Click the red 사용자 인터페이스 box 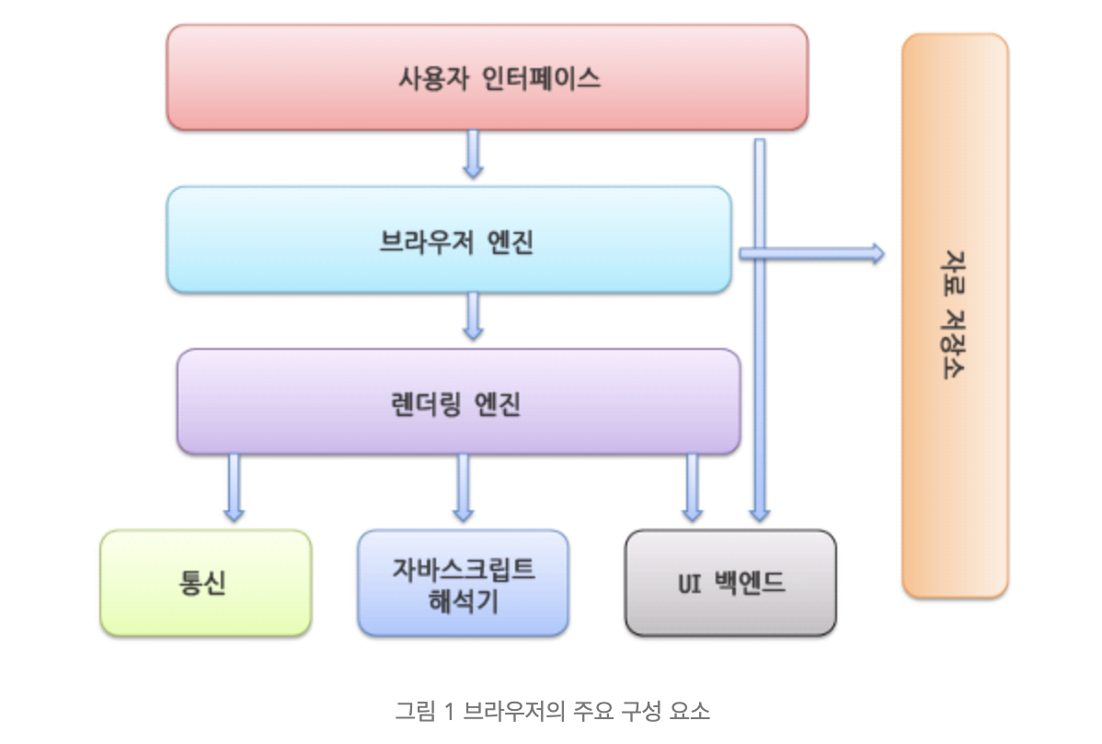click(x=487, y=77)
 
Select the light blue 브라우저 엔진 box click(x=449, y=239)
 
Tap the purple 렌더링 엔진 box click(x=459, y=401)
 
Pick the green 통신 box click(x=206, y=583)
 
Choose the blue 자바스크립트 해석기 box click(x=463, y=583)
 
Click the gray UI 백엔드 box click(x=731, y=583)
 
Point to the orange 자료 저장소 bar click(x=955, y=316)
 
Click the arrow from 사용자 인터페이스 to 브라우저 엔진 click(x=473, y=153)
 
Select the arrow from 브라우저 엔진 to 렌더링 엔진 click(x=473, y=316)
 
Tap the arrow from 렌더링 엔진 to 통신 click(x=234, y=487)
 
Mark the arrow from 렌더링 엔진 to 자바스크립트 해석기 click(x=463, y=487)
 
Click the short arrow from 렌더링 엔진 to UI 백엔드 click(x=693, y=487)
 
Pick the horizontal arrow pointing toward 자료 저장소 click(x=811, y=254)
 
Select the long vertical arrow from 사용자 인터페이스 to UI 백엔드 click(x=760, y=330)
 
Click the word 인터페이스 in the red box click(x=541, y=77)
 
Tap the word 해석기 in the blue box click(x=463, y=601)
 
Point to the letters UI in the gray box click(x=690, y=584)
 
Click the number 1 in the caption click(x=448, y=712)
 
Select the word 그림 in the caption click(x=416, y=711)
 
